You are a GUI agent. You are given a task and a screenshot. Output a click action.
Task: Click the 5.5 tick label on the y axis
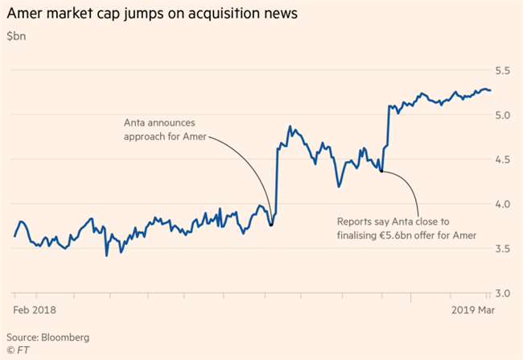503,71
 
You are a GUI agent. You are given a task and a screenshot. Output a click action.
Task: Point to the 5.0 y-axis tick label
503,115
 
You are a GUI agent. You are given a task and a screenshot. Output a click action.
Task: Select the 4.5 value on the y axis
503,159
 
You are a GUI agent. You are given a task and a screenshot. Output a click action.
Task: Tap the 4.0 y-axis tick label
503,205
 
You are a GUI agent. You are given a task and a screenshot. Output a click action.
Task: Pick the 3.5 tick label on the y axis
503,249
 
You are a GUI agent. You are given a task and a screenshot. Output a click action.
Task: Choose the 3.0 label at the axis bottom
503,293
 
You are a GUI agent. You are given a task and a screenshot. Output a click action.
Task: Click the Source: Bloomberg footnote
47,336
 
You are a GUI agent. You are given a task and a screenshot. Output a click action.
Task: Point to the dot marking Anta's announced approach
271,224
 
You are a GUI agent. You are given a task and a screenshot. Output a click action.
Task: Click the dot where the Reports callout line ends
381,171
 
